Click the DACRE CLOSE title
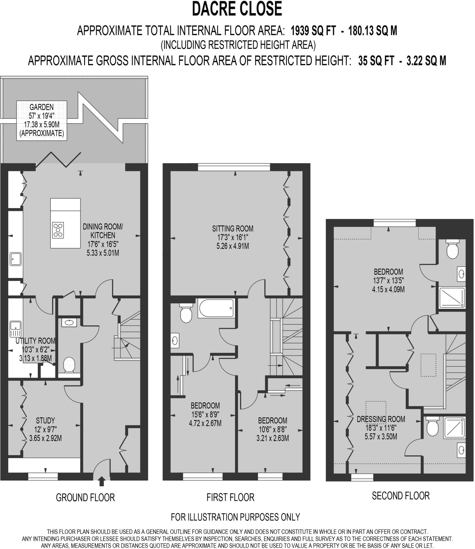coord(237,9)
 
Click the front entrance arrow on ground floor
coord(101,481)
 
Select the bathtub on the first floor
coord(216,308)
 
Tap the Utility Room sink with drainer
coord(16,329)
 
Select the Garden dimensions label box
coord(42,120)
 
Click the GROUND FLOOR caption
coord(85,498)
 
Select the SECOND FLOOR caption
coord(400,496)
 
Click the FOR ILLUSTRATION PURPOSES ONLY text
coord(235,517)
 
